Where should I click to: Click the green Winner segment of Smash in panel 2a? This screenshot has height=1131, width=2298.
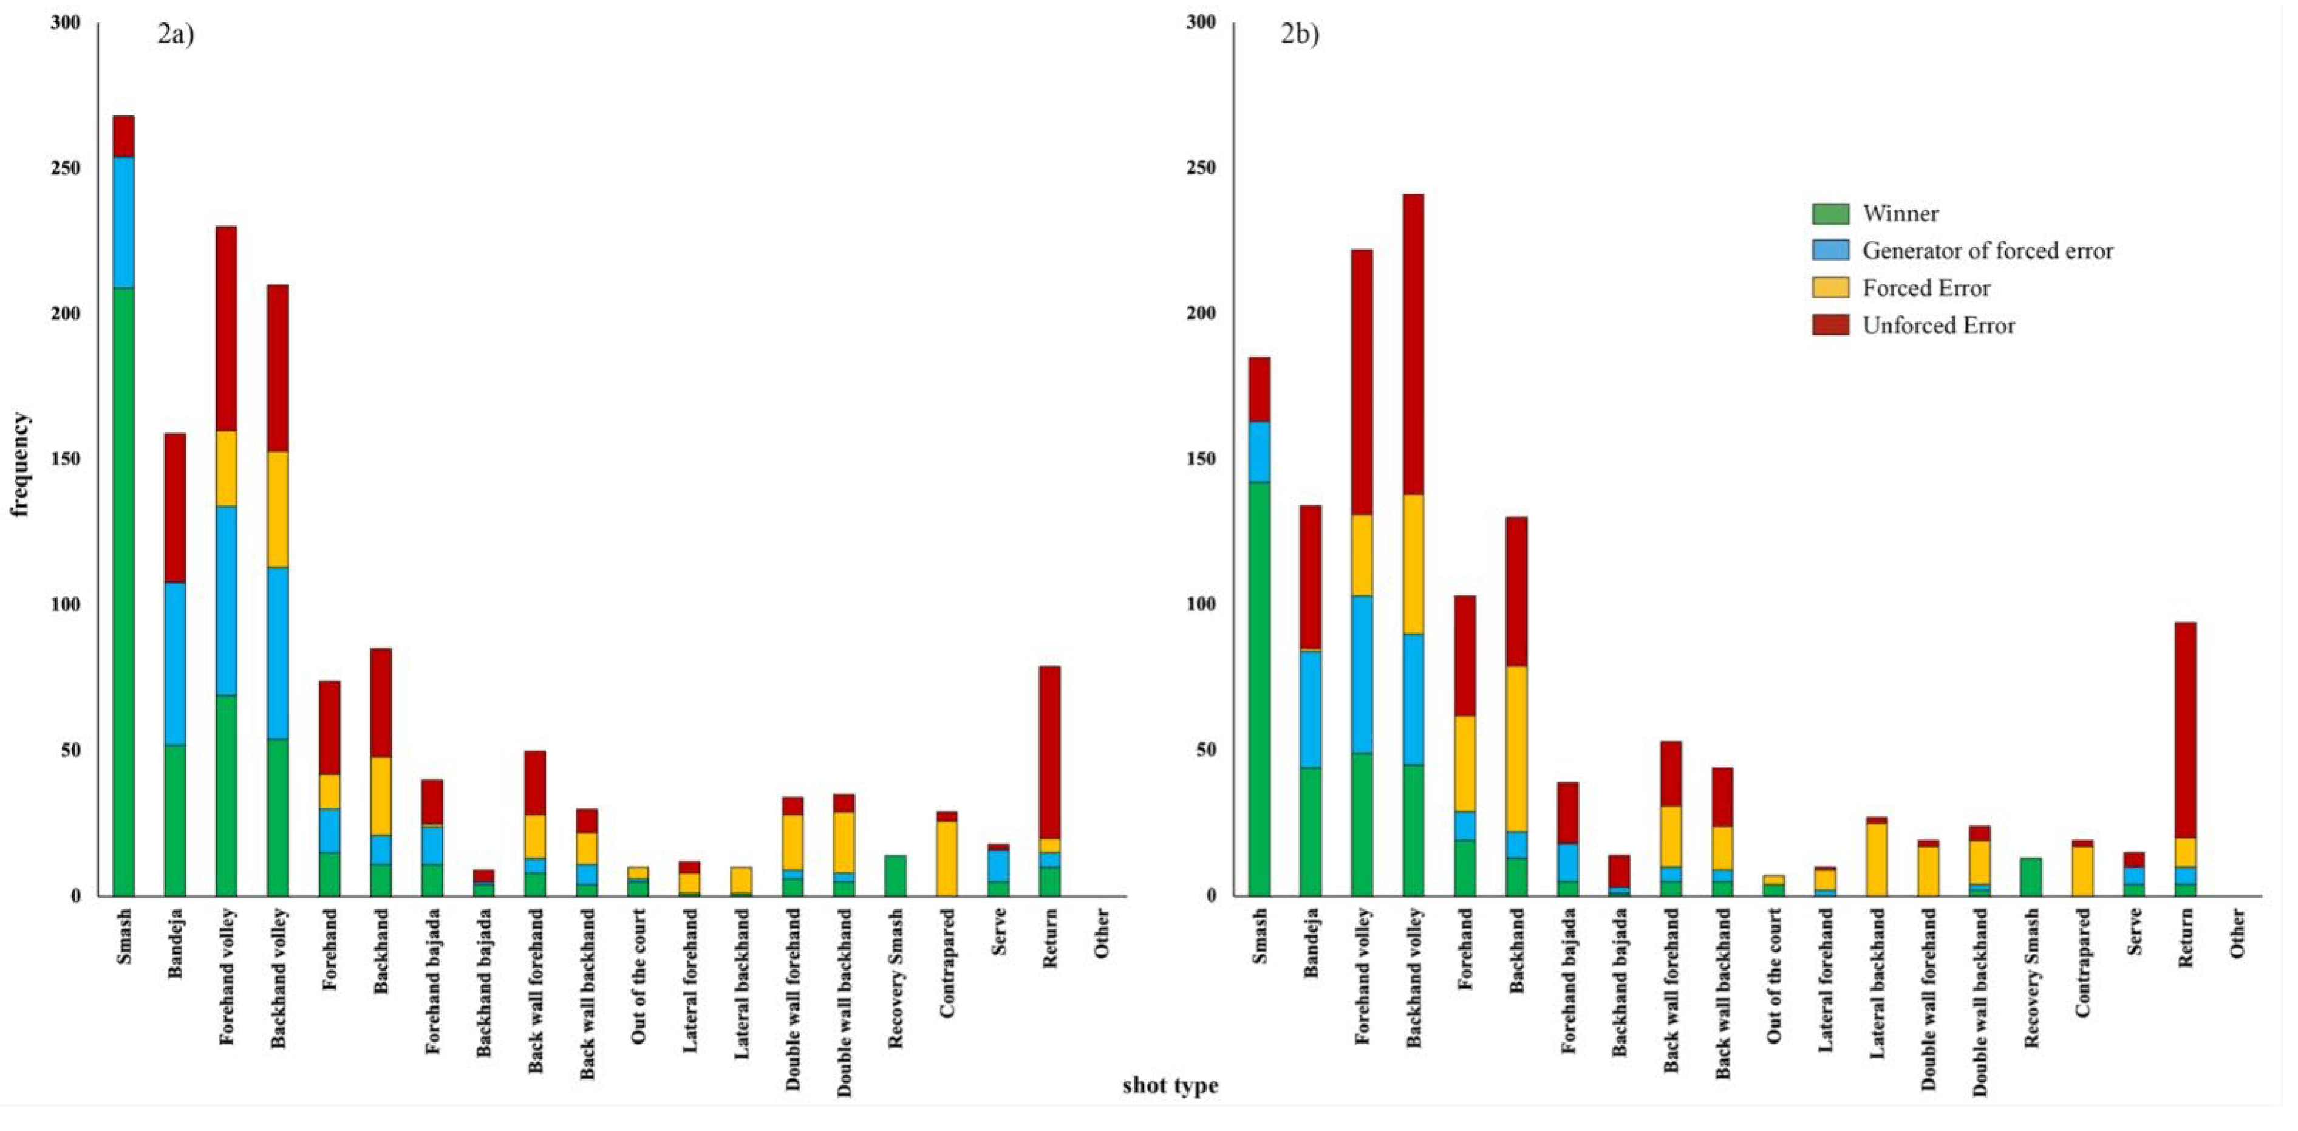click(x=123, y=589)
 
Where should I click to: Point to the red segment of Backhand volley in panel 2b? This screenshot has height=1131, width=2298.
click(x=1413, y=343)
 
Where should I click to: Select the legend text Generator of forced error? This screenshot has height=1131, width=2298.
click(x=1986, y=251)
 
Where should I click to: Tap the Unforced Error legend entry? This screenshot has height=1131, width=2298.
click(x=1938, y=326)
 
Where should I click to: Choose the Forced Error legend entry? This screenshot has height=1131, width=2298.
click(x=1925, y=288)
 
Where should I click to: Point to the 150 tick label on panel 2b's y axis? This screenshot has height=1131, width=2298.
click(x=1200, y=459)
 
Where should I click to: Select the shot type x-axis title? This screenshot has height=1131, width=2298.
click(x=1170, y=1085)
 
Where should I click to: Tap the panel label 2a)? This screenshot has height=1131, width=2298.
click(x=176, y=34)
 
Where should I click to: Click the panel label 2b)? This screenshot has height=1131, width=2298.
click(x=1299, y=34)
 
